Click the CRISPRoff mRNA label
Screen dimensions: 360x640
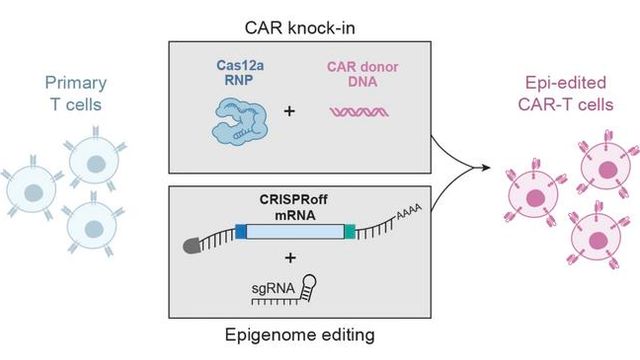click(291, 206)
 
